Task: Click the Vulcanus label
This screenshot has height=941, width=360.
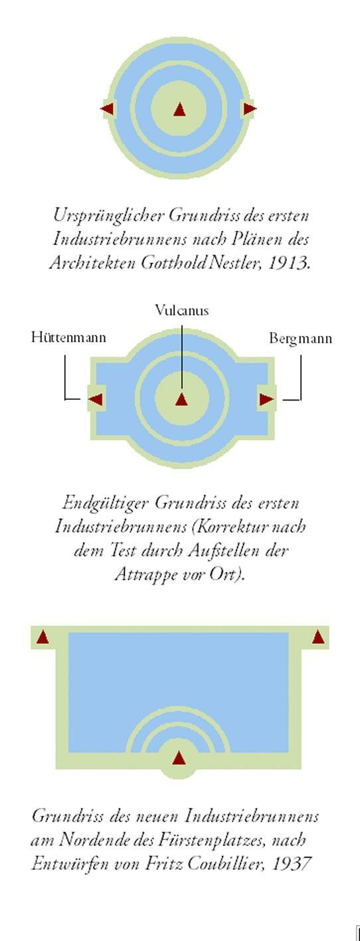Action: pos(181,310)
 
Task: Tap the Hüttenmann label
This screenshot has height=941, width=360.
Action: pos(68,337)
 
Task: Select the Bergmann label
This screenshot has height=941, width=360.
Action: pos(300,339)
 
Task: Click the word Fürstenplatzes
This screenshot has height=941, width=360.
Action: pos(212,840)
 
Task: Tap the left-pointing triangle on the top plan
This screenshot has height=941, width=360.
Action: pos(107,109)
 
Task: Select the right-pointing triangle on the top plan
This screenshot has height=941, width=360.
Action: pos(250,109)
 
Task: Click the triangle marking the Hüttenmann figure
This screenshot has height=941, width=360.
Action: pos(96,399)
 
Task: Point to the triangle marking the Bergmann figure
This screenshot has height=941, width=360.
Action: pos(266,399)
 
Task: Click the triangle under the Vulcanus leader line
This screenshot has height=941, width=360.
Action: pos(181,400)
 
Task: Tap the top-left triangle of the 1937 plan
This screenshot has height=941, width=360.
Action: pos(43,638)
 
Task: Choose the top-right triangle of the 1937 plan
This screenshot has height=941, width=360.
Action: pos(318,638)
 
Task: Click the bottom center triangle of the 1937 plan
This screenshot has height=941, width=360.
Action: pos(179,758)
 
